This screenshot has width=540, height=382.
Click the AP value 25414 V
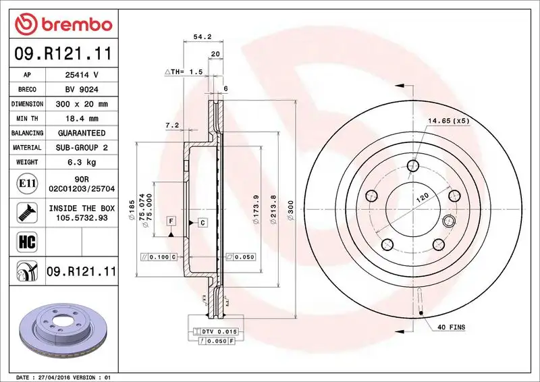(x=81, y=75)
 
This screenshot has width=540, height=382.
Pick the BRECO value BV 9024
(x=81, y=90)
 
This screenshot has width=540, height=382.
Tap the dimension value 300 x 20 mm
(x=81, y=105)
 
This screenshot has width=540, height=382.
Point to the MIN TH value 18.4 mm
(x=81, y=119)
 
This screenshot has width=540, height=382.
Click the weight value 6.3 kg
(x=81, y=162)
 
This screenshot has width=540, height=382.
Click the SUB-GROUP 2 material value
(x=81, y=148)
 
